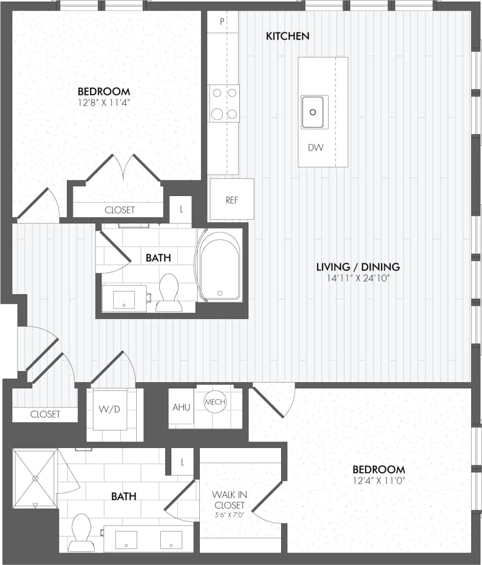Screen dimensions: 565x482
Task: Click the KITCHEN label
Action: click(x=288, y=36)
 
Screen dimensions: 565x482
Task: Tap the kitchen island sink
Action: click(x=314, y=112)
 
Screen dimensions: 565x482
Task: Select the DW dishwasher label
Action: click(x=315, y=148)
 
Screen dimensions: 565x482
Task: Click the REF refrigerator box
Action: click(x=232, y=200)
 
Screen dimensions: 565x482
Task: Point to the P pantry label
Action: click(x=222, y=22)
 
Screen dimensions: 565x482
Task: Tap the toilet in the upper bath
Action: click(x=169, y=293)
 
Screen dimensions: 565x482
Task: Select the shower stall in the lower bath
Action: click(x=35, y=478)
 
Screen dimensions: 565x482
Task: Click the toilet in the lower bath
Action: click(x=82, y=532)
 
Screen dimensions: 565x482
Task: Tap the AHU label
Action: click(x=181, y=407)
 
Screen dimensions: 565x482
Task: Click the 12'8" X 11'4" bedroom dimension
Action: click(x=104, y=102)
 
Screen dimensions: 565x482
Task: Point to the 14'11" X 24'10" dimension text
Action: click(x=358, y=278)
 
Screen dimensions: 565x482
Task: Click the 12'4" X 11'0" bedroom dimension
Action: click(x=379, y=480)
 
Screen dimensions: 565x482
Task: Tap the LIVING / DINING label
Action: click(x=358, y=267)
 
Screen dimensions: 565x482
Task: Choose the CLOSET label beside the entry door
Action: click(x=45, y=415)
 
